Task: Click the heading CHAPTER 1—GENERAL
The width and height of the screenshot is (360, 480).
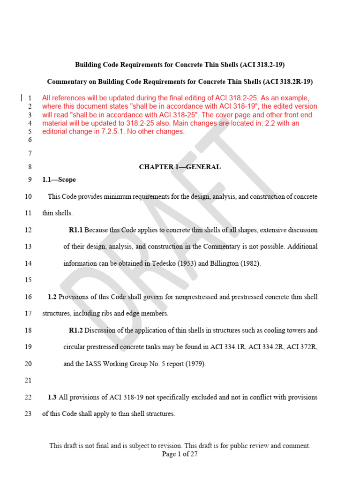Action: [x=180, y=167]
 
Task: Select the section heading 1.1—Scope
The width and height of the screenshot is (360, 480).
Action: [x=59, y=180]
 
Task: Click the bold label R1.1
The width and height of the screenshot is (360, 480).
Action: [x=75, y=230]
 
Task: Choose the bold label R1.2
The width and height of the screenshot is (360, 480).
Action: [x=75, y=330]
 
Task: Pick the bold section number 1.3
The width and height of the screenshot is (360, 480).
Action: [x=52, y=397]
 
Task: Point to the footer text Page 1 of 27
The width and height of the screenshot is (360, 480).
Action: [x=180, y=454]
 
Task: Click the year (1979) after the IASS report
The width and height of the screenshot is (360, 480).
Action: [x=195, y=364]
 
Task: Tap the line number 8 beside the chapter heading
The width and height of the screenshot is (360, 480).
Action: [x=29, y=167]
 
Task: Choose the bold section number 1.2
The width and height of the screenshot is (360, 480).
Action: [x=52, y=297]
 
